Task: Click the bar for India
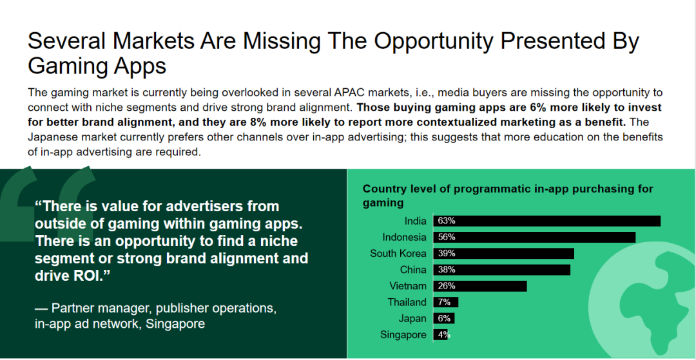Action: point(547,221)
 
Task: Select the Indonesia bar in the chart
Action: point(534,237)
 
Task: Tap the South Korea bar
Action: point(504,254)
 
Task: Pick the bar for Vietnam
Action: point(480,286)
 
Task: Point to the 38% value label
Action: point(447,270)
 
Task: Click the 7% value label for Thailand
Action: point(444,303)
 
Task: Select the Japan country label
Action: point(412,319)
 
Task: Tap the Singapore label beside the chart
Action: point(403,335)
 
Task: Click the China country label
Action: point(413,270)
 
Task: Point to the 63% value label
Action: point(447,221)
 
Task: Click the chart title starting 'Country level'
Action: point(508,196)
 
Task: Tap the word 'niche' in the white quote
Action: point(278,242)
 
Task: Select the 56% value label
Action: point(447,237)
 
